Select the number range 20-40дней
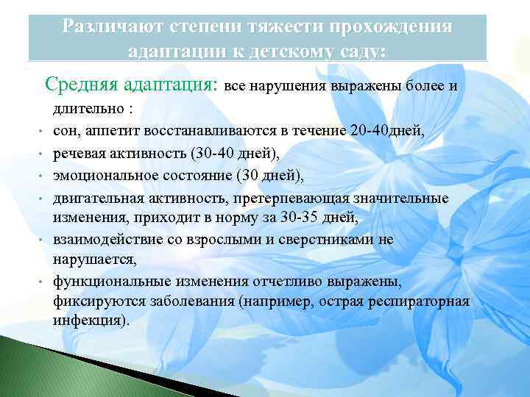coord(388,130)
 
